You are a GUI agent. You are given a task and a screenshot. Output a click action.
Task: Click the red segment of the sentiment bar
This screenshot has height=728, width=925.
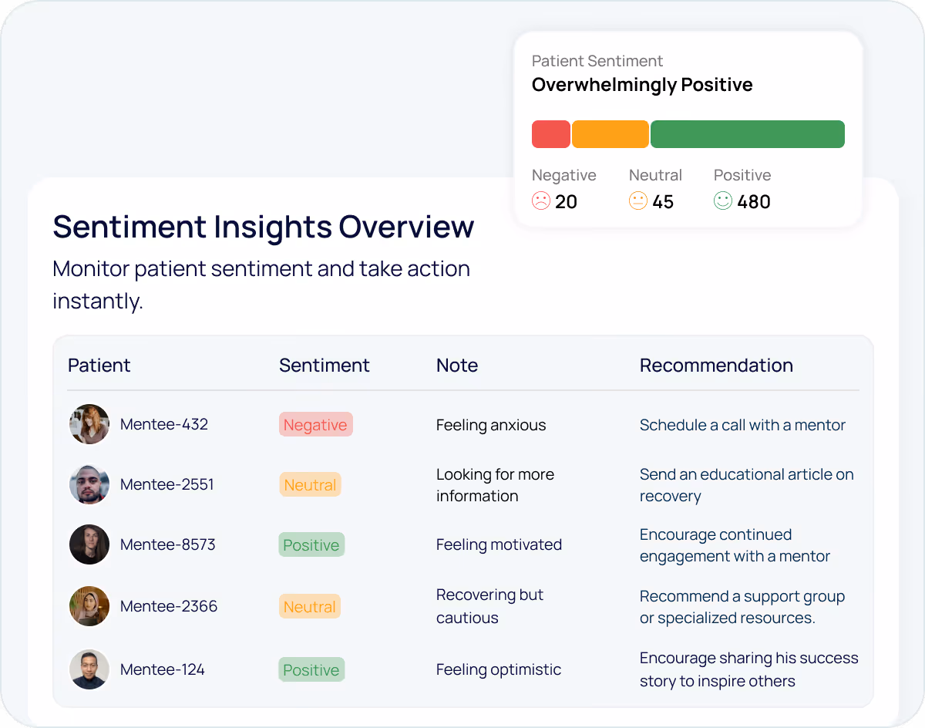(550, 134)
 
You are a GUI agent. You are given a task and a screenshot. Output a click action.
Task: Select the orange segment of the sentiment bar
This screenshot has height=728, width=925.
(610, 134)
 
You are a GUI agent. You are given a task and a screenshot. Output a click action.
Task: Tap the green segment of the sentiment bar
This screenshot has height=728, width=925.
(747, 134)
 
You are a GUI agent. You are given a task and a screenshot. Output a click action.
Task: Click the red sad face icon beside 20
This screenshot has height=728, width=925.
(541, 201)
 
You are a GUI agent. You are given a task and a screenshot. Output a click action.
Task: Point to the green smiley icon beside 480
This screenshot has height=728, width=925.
(722, 201)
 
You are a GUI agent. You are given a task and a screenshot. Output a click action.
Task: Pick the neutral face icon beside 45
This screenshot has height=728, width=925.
(638, 201)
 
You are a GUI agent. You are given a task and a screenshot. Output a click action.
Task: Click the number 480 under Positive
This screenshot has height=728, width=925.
(753, 202)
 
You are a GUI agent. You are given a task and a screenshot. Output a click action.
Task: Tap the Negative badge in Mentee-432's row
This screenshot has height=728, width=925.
(315, 425)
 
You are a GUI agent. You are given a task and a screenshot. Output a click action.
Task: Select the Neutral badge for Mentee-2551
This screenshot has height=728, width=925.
(310, 485)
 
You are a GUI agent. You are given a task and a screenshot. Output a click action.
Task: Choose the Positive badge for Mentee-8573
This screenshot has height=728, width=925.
(311, 545)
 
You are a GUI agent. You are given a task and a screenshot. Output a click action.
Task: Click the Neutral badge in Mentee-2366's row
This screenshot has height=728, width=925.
(310, 607)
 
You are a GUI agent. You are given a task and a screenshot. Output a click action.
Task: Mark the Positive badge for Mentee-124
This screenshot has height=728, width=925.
(311, 670)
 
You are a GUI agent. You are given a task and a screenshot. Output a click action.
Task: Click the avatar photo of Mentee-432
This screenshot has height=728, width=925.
(89, 424)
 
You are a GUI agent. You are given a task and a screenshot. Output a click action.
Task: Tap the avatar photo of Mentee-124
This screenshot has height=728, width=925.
(89, 669)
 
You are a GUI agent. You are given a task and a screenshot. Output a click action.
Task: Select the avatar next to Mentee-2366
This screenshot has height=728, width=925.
(89, 606)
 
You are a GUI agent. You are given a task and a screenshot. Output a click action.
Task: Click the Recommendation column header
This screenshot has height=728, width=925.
(716, 366)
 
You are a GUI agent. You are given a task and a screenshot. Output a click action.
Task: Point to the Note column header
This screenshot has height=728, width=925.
(457, 366)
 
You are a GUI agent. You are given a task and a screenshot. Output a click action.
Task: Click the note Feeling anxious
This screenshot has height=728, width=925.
(491, 425)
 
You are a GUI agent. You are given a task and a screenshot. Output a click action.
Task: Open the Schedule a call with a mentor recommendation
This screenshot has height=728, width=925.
(742, 425)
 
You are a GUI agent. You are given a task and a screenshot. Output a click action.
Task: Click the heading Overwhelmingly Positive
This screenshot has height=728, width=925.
(642, 85)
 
